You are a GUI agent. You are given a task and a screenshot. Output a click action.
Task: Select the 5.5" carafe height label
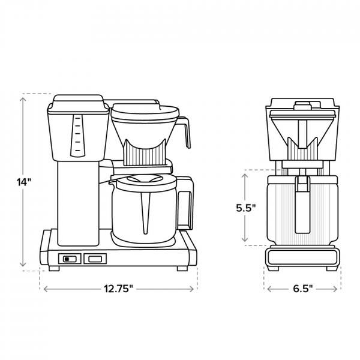click(245, 208)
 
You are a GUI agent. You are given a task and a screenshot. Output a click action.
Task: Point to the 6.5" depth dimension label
click(302, 289)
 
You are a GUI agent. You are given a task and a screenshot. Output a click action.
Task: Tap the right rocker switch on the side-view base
click(95, 259)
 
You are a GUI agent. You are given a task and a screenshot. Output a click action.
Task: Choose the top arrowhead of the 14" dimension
click(24, 97)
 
